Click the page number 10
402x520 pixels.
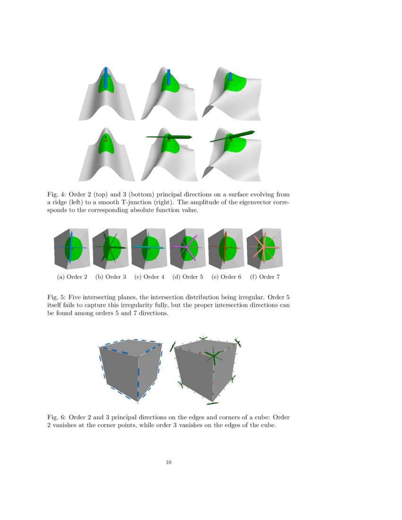pyautogui.click(x=168, y=462)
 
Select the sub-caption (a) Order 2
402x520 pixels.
pyautogui.click(x=72, y=277)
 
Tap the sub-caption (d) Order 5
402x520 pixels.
pyautogui.click(x=188, y=277)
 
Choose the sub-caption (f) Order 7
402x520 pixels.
pyautogui.click(x=265, y=277)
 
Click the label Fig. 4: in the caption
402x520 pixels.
pyautogui.click(x=56, y=195)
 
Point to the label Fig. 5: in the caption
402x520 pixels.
pyautogui.click(x=56, y=297)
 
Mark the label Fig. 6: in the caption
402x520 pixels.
pyautogui.click(x=56, y=417)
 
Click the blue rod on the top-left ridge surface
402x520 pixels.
pyautogui.click(x=105, y=78)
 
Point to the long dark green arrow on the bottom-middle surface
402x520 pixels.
pyautogui.click(x=169, y=137)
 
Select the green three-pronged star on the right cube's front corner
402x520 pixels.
pyautogui.click(x=214, y=355)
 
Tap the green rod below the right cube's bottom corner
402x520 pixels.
pyautogui.click(x=213, y=403)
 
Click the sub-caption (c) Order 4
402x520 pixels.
pyautogui.click(x=149, y=277)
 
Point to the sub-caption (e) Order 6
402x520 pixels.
pyautogui.click(x=226, y=277)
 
